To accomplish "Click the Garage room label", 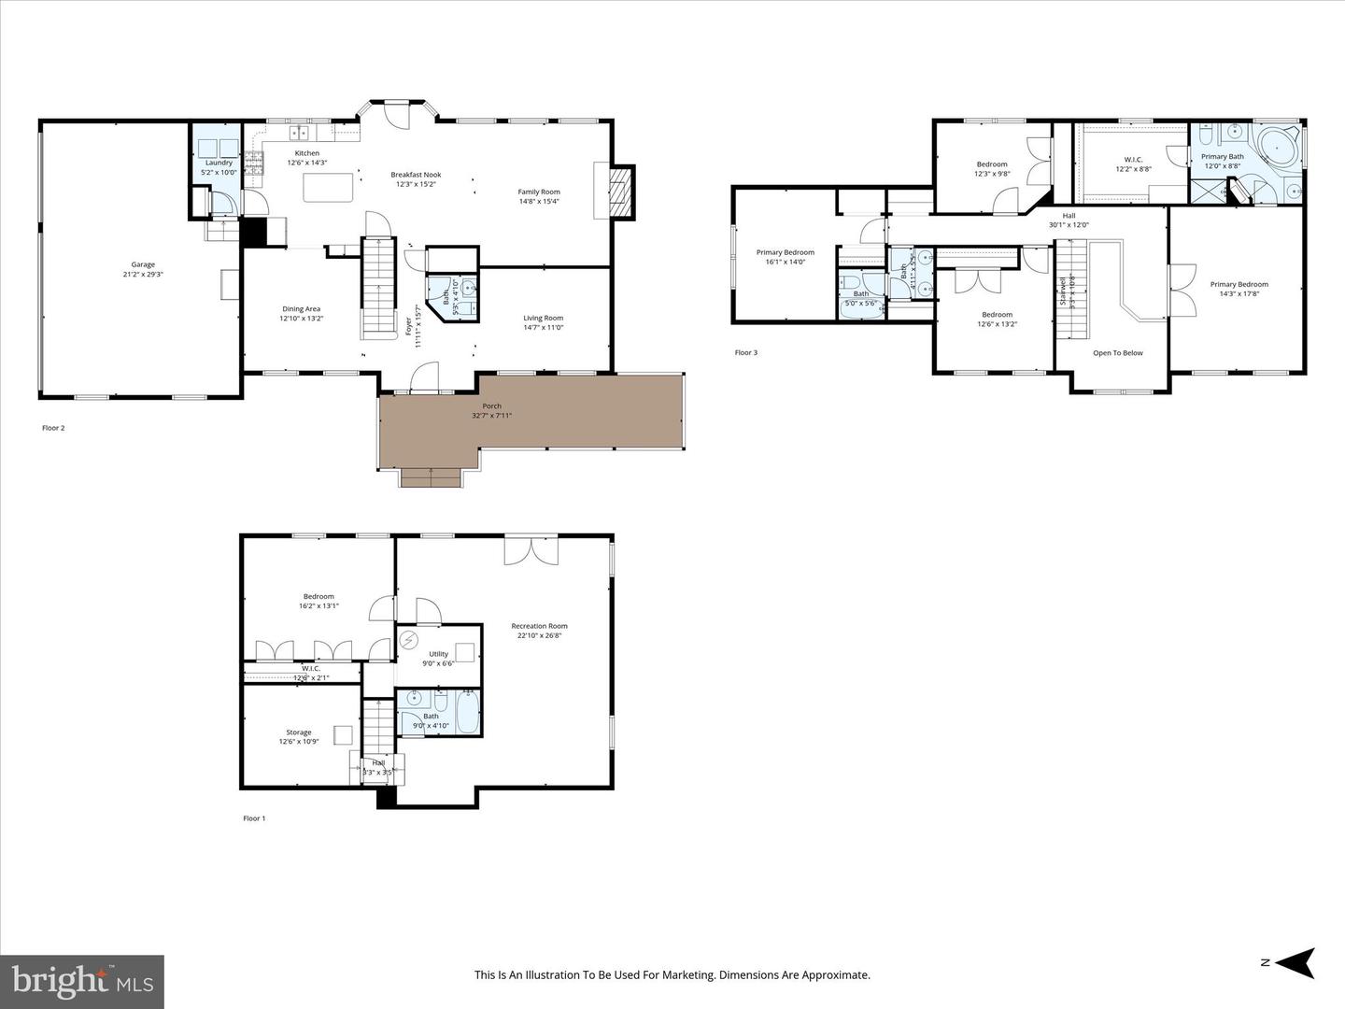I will [x=143, y=264].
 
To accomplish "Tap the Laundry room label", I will [x=219, y=163].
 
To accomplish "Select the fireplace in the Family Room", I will [x=620, y=191].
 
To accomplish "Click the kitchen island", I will [x=329, y=188].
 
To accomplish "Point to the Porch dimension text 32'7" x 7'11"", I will [x=491, y=416].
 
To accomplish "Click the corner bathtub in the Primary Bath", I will [x=1276, y=147].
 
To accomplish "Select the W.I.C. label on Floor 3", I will [x=1133, y=159].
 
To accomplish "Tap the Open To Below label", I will [x=1118, y=353].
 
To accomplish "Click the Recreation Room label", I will [x=539, y=626].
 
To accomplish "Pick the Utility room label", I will [x=438, y=654].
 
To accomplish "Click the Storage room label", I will [x=299, y=732].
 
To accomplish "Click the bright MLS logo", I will [x=82, y=981].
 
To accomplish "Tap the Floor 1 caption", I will [x=254, y=818].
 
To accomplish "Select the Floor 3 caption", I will [x=745, y=353].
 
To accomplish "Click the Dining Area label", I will [x=302, y=309].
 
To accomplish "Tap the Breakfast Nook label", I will [x=416, y=175].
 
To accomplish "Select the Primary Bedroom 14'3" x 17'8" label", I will [x=1239, y=284].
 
